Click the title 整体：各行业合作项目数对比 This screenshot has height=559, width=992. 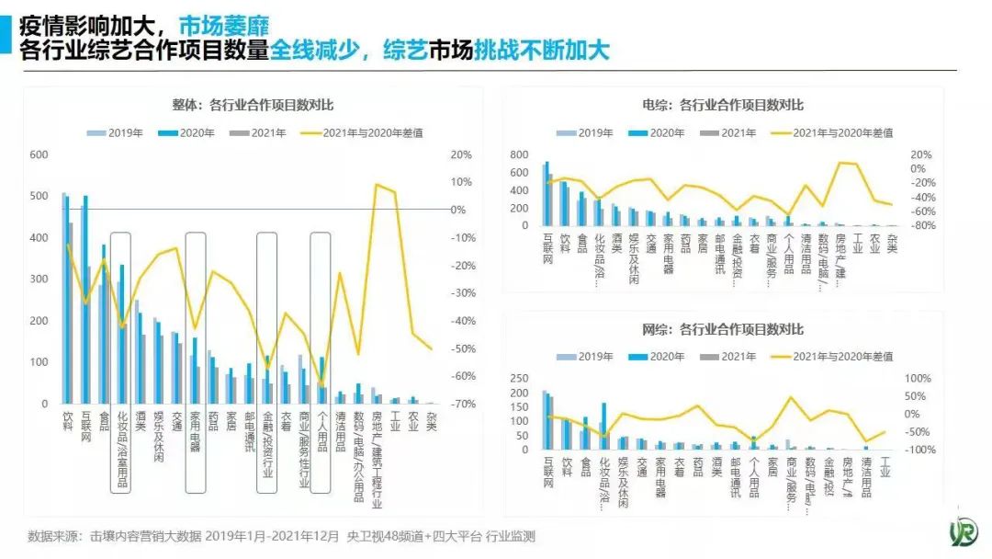(253, 105)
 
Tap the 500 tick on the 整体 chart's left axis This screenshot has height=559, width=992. (39, 196)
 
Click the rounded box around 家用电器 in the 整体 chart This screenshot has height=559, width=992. (195, 362)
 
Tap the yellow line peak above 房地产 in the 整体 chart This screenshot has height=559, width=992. (377, 185)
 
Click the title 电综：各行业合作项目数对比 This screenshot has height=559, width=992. (723, 105)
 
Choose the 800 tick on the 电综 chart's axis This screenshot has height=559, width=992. (520, 154)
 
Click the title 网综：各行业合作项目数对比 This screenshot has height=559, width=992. (723, 329)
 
